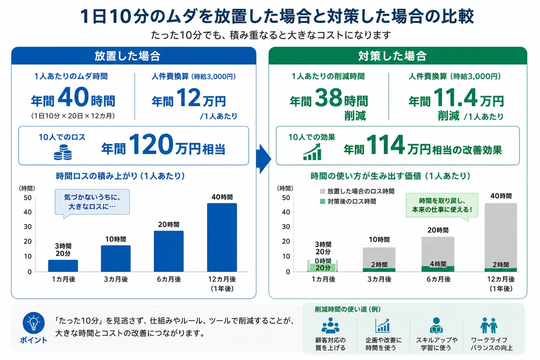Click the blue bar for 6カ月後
point(169,251)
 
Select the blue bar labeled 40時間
point(222,238)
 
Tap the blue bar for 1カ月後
point(63,265)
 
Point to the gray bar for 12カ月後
point(501,236)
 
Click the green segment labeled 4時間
point(438,269)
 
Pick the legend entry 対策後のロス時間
point(348,201)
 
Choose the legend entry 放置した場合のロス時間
point(357,191)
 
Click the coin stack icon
point(63,152)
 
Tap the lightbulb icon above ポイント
point(33,323)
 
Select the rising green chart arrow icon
point(312,152)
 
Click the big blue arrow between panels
point(264,159)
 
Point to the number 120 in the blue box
point(151,144)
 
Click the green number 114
point(385,145)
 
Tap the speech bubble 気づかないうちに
point(92,202)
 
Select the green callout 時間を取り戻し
point(442,206)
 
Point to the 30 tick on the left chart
point(28,227)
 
